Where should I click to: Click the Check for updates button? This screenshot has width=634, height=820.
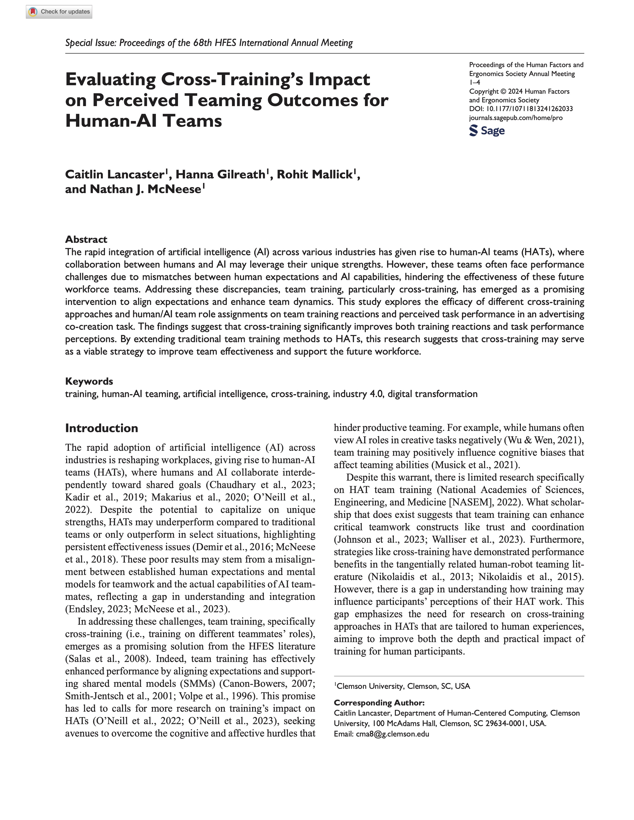[x=59, y=12]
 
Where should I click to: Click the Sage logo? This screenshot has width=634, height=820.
[x=487, y=131]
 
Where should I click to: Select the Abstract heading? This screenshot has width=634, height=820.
[x=86, y=239]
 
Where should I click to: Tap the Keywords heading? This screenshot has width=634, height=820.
[x=89, y=381]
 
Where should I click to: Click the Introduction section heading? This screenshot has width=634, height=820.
[x=101, y=428]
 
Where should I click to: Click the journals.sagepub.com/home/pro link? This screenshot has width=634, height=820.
[x=516, y=118]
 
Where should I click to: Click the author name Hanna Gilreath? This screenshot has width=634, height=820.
[x=221, y=175]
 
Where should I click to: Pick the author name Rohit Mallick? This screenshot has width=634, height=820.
[x=315, y=175]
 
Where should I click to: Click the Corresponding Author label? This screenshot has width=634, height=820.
[x=379, y=702]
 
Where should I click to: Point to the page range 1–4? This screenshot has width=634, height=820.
[x=474, y=82]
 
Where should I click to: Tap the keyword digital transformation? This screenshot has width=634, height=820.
[x=432, y=394]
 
